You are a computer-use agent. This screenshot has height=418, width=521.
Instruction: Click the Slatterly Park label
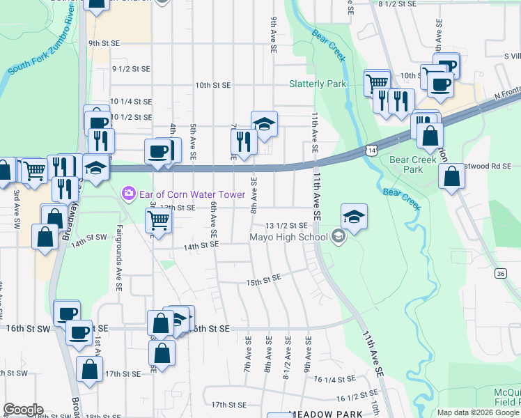(x=318, y=84)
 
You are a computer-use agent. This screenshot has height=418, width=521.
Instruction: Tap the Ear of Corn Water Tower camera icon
(x=127, y=192)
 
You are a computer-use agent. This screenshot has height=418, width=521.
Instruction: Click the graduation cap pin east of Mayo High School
(x=354, y=217)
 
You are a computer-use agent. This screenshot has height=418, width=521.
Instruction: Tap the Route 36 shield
(x=501, y=274)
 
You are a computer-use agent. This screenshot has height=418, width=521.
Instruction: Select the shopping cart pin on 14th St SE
(x=159, y=221)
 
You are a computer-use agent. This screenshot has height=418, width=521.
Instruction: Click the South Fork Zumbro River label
(x=41, y=44)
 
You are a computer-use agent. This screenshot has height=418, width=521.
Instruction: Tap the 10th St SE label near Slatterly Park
(x=212, y=85)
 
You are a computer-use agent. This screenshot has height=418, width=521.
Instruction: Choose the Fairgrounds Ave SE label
(x=119, y=258)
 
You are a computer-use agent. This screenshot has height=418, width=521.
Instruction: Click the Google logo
(x=23, y=409)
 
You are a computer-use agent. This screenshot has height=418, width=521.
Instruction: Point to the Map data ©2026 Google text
(x=477, y=412)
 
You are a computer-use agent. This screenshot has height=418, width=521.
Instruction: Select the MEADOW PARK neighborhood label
(x=325, y=414)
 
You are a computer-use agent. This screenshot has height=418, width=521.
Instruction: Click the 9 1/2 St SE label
(x=132, y=68)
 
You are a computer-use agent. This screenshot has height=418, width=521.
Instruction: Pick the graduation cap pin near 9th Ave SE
(x=264, y=124)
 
